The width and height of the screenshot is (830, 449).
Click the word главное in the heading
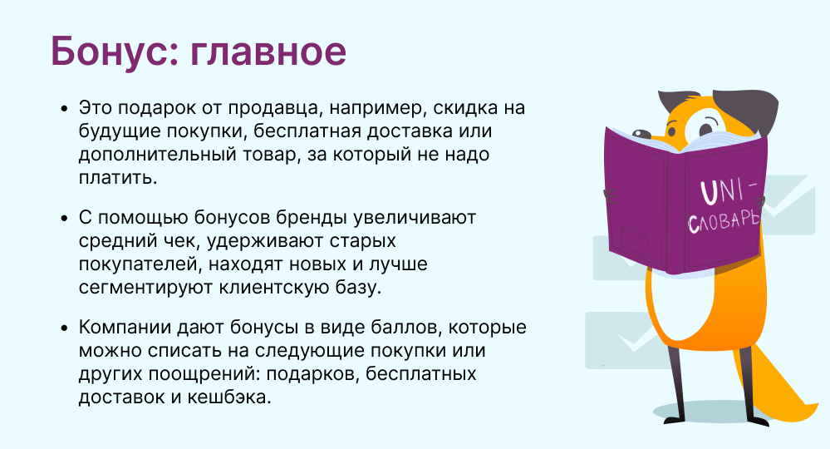[268, 52]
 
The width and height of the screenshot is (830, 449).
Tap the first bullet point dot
[65, 109]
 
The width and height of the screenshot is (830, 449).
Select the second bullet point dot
[65, 218]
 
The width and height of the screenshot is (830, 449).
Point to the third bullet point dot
[65, 328]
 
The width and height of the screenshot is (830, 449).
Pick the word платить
[118, 178]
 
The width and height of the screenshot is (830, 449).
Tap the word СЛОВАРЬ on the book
[724, 221]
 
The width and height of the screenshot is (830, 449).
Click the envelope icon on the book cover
[634, 241]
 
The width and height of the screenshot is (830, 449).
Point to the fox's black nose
[641, 134]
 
